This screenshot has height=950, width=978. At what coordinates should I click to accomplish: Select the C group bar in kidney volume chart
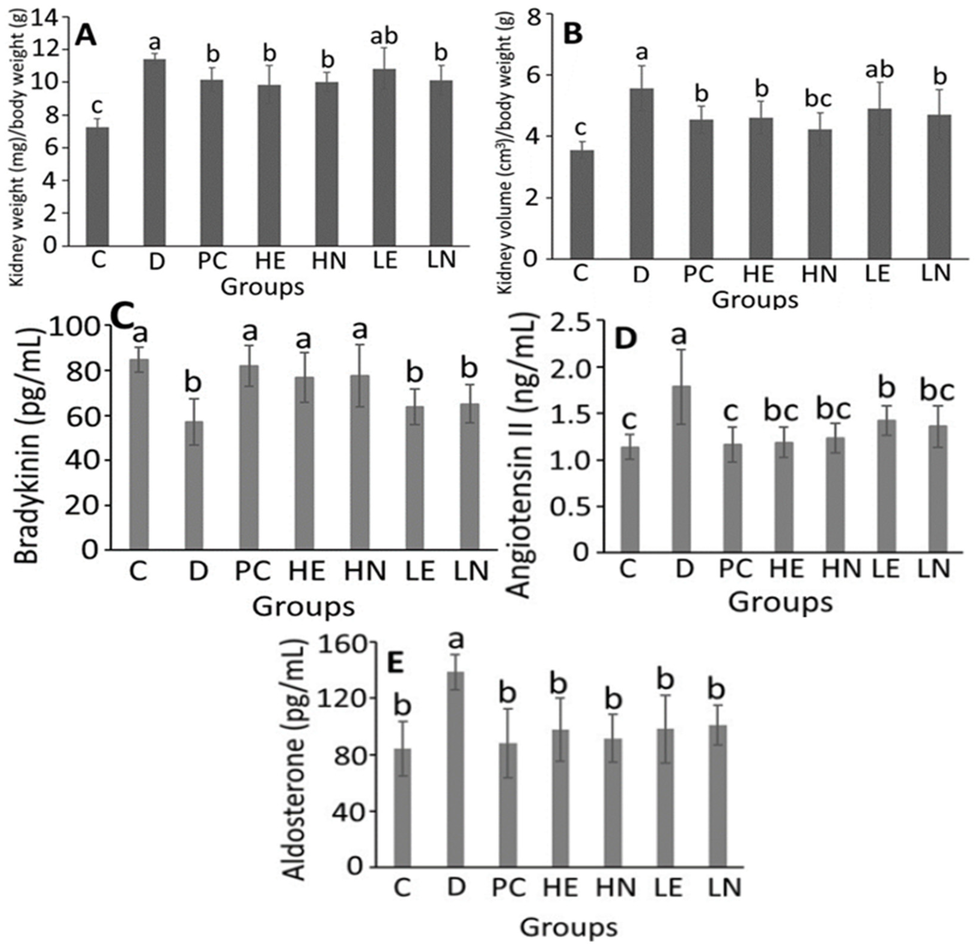582,204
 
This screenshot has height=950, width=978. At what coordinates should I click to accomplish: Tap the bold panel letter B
573,35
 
